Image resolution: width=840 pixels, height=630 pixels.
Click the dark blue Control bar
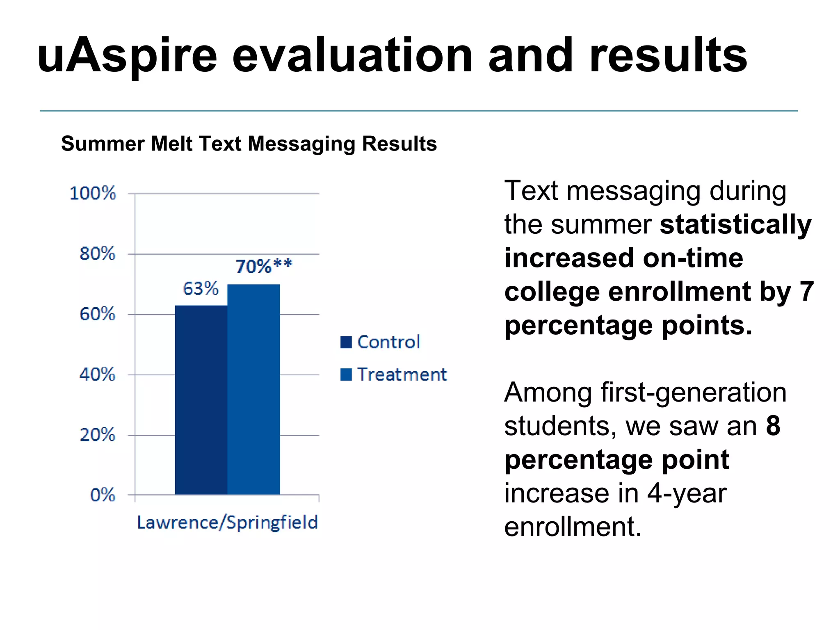click(201, 400)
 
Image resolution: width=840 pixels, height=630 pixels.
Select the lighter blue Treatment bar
click(253, 390)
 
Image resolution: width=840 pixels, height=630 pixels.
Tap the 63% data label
click(201, 289)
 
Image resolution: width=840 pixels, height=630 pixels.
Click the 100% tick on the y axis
click(93, 194)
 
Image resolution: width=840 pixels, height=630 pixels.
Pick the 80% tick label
click(98, 254)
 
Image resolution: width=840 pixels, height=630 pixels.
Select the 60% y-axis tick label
click(98, 315)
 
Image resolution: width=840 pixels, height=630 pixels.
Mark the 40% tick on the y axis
click(98, 375)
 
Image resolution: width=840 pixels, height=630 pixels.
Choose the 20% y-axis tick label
click(98, 435)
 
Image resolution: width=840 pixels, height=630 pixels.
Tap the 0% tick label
click(103, 495)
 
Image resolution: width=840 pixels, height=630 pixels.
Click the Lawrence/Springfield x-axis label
click(227, 523)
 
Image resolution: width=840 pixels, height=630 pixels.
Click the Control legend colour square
click(346, 342)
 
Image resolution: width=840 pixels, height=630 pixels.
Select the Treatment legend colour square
click(346, 374)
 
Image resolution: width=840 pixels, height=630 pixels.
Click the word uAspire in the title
click(127, 56)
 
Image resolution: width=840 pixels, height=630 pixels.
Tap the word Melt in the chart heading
click(172, 144)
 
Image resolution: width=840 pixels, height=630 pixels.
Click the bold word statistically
click(736, 225)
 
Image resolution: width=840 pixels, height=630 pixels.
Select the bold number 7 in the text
click(807, 292)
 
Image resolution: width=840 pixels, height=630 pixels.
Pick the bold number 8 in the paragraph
click(773, 426)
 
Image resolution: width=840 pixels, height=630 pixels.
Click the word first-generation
click(694, 393)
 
